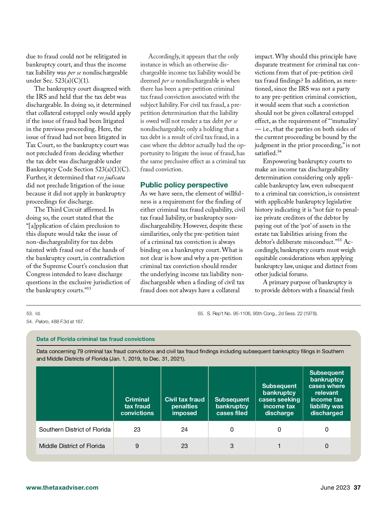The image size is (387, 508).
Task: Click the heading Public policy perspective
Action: [x=184, y=185]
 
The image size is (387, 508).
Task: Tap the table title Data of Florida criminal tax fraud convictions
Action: [x=95, y=339]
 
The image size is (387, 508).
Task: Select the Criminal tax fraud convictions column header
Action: [x=137, y=406]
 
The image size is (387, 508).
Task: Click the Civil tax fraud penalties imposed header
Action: [x=184, y=406]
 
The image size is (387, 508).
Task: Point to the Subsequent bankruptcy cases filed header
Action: [x=232, y=406]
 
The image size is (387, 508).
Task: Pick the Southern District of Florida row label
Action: [x=75, y=429]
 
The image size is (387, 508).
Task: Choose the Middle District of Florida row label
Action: [x=72, y=446]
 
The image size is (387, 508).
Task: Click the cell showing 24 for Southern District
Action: [x=184, y=429]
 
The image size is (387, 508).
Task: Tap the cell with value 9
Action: [x=137, y=446]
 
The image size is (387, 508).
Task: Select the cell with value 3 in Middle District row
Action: [x=232, y=446]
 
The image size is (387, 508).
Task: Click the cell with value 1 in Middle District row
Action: [x=279, y=446]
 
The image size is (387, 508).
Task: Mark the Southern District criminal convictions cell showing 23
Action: [x=137, y=429]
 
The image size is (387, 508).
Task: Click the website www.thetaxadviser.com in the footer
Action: [x=62, y=487]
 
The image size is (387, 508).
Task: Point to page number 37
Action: [x=357, y=487]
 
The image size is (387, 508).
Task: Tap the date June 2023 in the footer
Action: [x=335, y=487]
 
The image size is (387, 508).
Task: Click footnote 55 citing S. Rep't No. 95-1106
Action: [x=257, y=313]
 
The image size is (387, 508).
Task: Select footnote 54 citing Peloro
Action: [x=55, y=321]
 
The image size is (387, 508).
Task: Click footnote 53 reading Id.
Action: [x=34, y=313]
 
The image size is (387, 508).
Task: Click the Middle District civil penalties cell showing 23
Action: [x=184, y=446]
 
